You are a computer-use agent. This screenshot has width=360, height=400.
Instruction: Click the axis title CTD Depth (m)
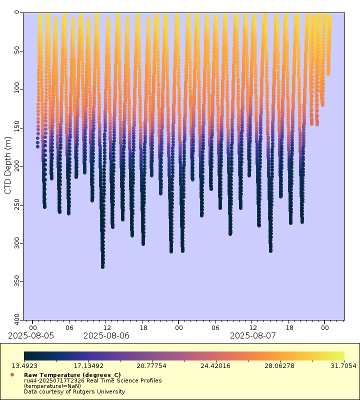pyautogui.click(x=7, y=166)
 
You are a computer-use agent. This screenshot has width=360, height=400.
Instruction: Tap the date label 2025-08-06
pyautogui.click(x=106, y=335)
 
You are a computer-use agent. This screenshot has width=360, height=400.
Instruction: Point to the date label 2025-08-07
pyautogui.click(x=253, y=335)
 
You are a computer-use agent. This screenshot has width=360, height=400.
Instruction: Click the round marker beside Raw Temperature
pyautogui.click(x=12, y=374)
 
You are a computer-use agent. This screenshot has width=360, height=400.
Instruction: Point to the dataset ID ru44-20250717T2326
pyautogui.click(x=53, y=380)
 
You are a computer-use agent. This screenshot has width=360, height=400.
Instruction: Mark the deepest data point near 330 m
pyautogui.click(x=103, y=266)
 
